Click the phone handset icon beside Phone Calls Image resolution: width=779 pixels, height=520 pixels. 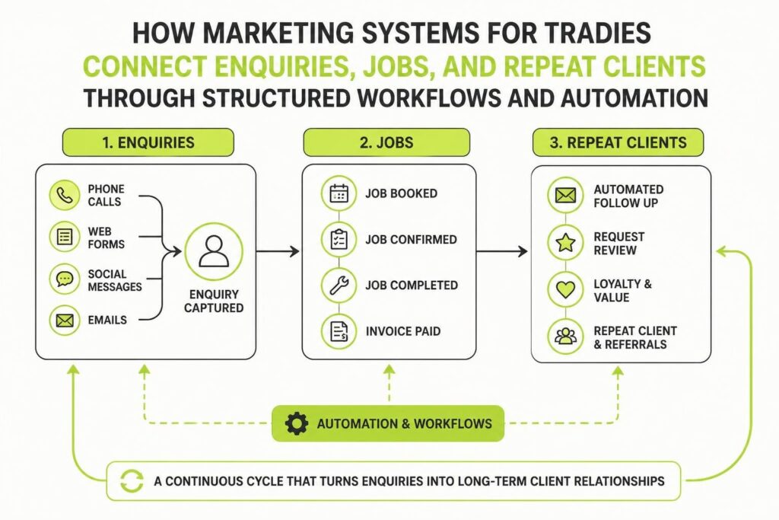pos(65,196)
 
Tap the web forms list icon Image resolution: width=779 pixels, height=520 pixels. pos(65,237)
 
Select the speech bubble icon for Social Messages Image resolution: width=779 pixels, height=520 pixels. pos(65,279)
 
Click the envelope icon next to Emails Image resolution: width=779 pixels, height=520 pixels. pos(65,321)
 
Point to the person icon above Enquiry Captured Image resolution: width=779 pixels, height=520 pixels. pos(214,251)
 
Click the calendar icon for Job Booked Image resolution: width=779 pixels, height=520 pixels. pos(339,193)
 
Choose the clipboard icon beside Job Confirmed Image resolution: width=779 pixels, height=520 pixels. pos(339,239)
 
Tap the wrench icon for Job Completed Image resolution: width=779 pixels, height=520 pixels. pos(339,286)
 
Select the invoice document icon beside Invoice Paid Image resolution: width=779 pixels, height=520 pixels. pos(339,331)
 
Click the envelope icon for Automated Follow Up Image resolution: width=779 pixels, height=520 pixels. pos(565,196)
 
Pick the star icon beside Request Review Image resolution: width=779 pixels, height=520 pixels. pos(565,243)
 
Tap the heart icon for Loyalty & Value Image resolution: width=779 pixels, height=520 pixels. pos(565,289)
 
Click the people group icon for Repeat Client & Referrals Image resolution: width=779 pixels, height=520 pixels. pos(565,337)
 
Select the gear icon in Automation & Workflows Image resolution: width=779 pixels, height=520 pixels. pos(297,423)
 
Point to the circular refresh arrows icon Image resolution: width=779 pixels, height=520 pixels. pos(132,480)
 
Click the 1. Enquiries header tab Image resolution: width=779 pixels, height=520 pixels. pos(148,142)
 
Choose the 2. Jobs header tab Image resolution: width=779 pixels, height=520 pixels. pos(386,142)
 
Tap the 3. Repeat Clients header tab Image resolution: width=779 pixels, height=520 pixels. pos(618,142)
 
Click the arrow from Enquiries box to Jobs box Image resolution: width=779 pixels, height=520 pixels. pos(278,251)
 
